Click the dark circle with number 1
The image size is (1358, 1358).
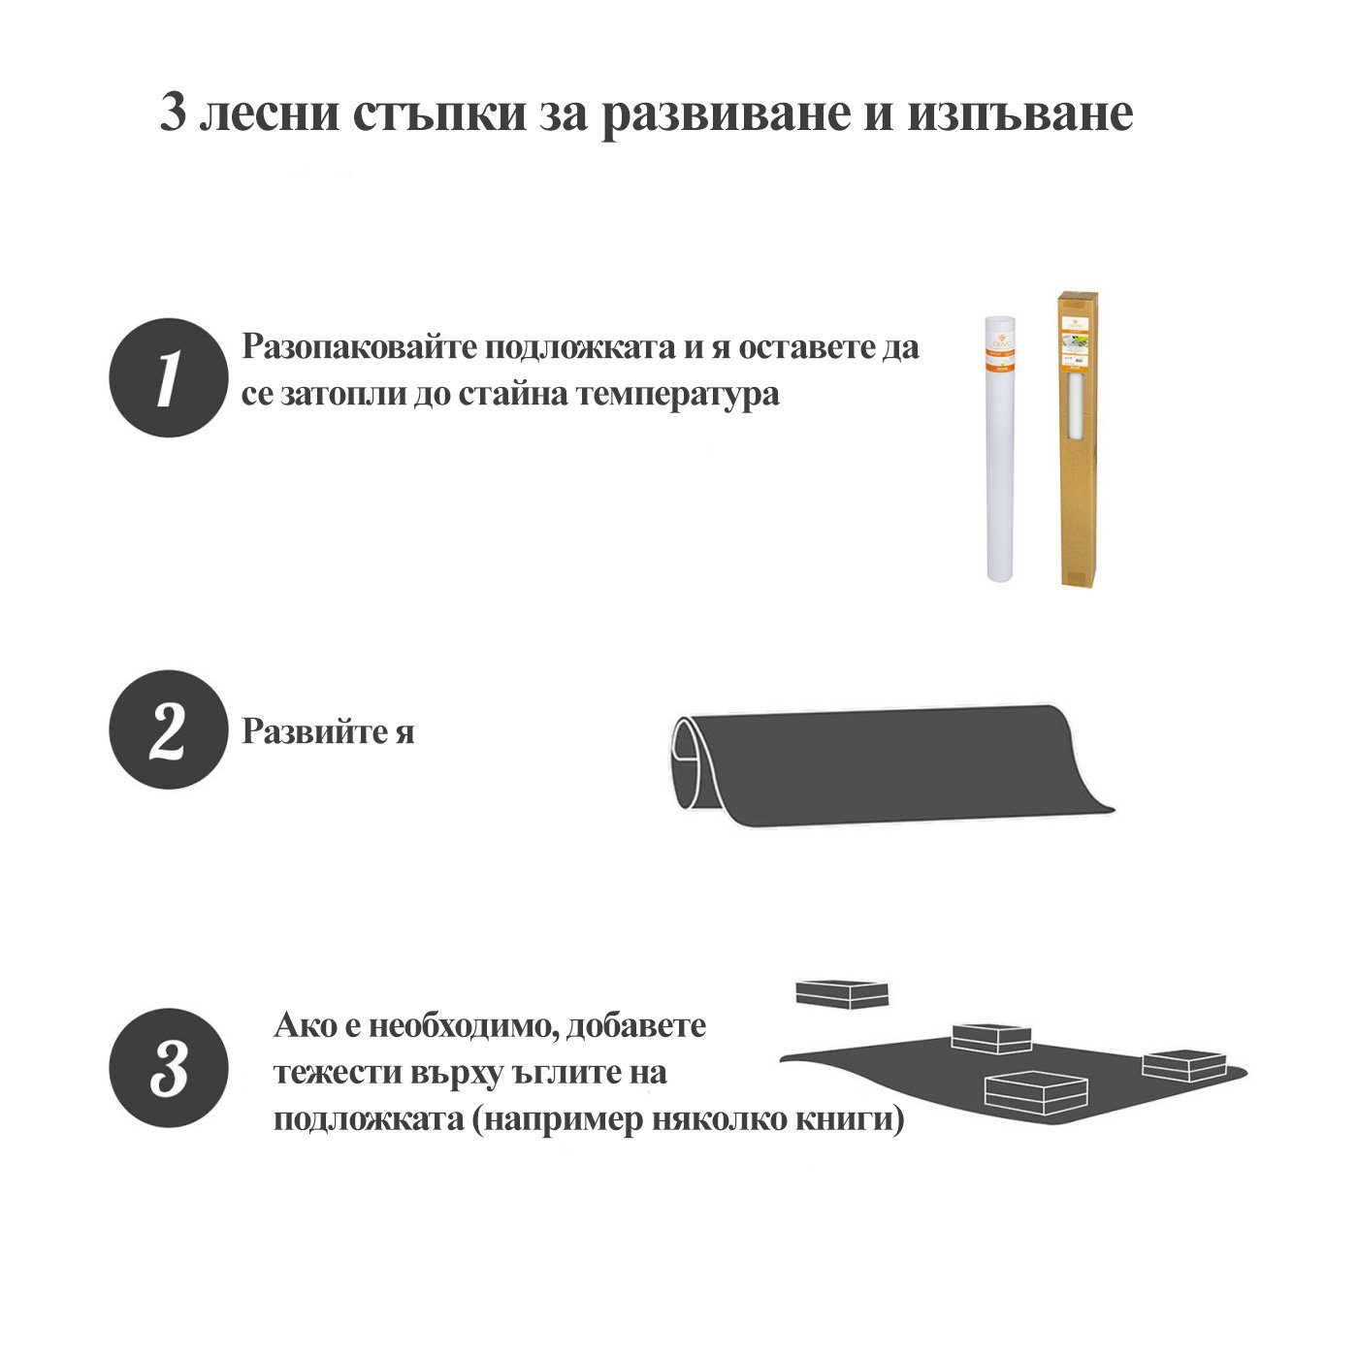pos(169,377)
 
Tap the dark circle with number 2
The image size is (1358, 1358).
pos(169,728)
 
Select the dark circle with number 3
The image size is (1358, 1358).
pos(169,1067)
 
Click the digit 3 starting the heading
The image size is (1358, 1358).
pos(173,113)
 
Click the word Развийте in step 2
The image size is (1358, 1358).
pos(313,731)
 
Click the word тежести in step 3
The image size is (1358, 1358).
pos(332,1073)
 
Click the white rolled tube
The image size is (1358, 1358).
pos(1000,449)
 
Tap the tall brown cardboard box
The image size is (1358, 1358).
pos(1078,439)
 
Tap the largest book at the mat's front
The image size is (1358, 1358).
pos(1036,1093)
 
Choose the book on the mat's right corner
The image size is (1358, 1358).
pos(1184,1065)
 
